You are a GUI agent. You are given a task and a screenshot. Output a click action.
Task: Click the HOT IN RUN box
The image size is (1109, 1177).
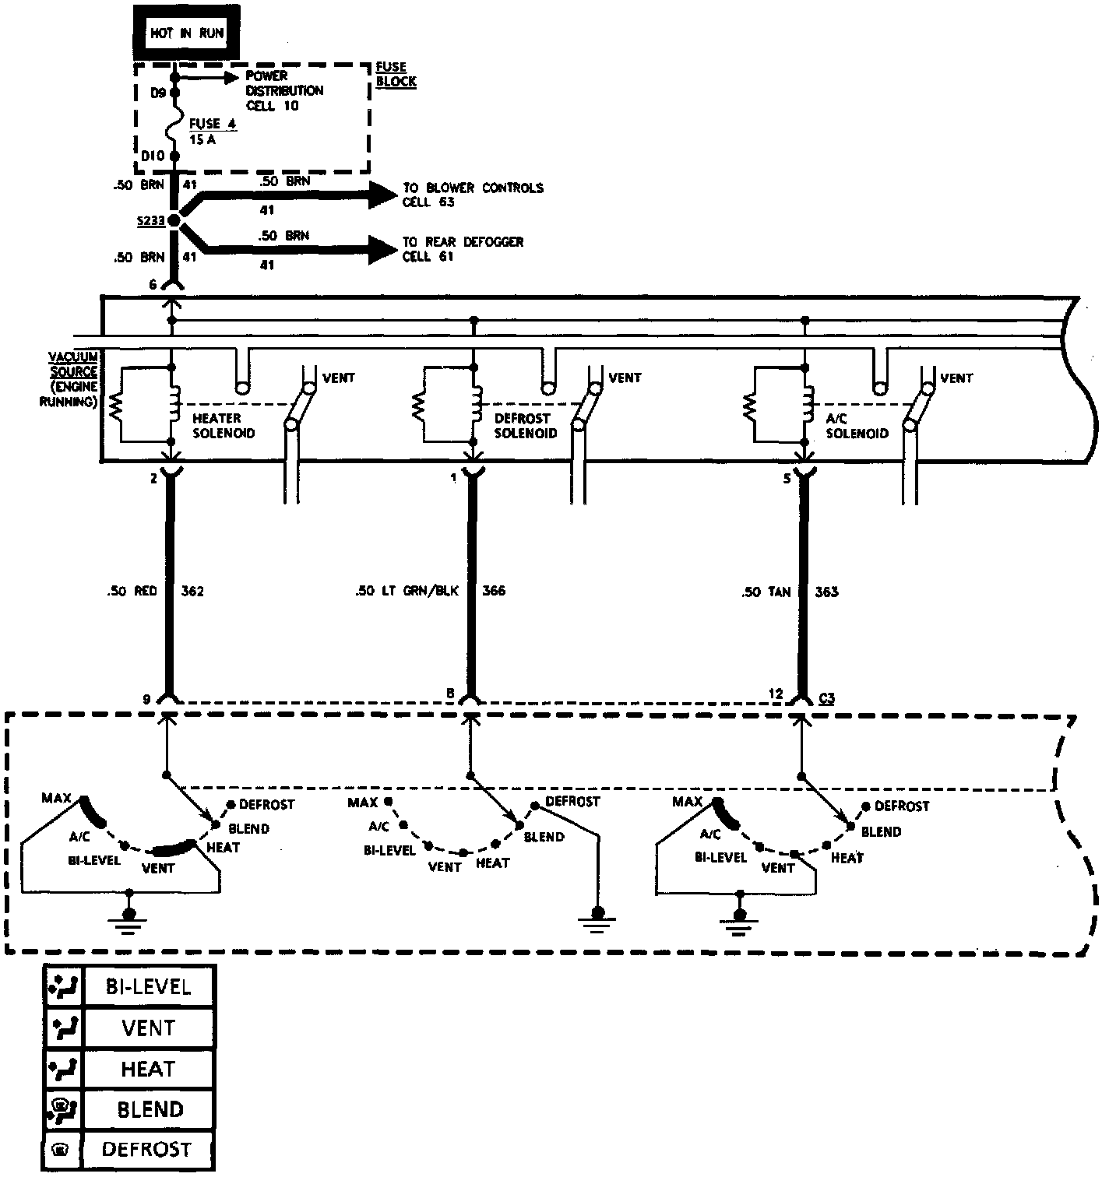point(187,33)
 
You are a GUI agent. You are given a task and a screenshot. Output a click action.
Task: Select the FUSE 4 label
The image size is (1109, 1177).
point(212,125)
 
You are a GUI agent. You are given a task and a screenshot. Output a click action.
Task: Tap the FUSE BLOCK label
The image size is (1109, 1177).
point(396,75)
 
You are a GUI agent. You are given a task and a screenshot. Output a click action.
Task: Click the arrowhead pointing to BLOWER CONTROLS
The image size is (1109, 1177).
point(382,195)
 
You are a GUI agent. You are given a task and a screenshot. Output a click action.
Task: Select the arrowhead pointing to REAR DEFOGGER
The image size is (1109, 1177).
point(382,249)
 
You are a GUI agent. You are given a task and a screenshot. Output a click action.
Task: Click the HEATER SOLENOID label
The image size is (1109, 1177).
point(224,426)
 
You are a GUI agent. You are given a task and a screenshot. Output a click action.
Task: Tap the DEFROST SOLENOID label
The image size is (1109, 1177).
point(526,426)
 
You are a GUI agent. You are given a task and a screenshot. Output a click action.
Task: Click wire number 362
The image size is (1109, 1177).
point(192,592)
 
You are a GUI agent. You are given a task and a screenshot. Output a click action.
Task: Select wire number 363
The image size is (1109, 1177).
point(826,592)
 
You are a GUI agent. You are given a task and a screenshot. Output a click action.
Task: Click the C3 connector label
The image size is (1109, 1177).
point(826,698)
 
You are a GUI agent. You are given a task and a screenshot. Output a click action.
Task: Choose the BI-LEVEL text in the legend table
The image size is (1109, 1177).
point(148,987)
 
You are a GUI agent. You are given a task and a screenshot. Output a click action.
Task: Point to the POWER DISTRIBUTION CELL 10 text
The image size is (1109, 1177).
point(283,90)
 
